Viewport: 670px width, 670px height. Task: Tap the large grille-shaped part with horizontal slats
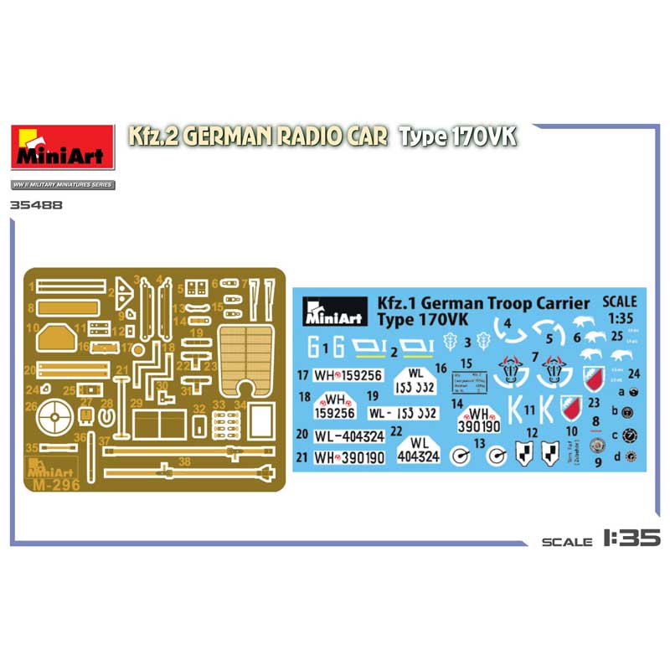[x=247, y=356]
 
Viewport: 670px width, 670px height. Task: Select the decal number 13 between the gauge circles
[x=480, y=444]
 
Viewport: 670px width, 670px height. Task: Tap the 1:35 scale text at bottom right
[x=631, y=540]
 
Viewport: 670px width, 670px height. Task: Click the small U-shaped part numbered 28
[x=106, y=416]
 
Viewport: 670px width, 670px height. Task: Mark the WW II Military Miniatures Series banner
[x=63, y=184]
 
